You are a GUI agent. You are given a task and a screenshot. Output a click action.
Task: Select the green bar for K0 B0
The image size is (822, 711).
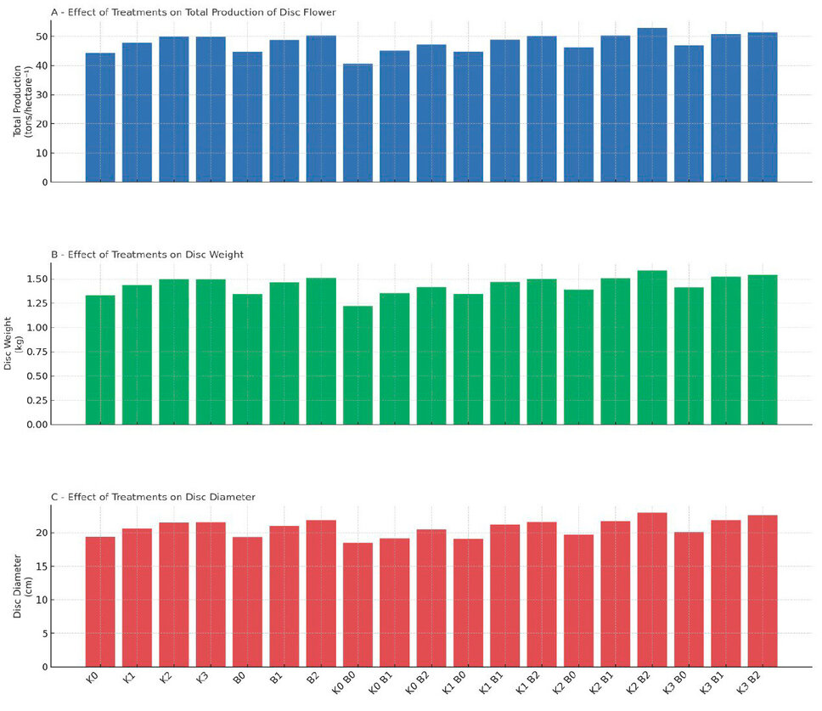tap(358, 365)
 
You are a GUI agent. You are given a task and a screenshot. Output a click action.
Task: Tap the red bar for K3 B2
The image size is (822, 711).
tap(763, 590)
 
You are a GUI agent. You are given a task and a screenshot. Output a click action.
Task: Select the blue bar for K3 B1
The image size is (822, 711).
tap(726, 108)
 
